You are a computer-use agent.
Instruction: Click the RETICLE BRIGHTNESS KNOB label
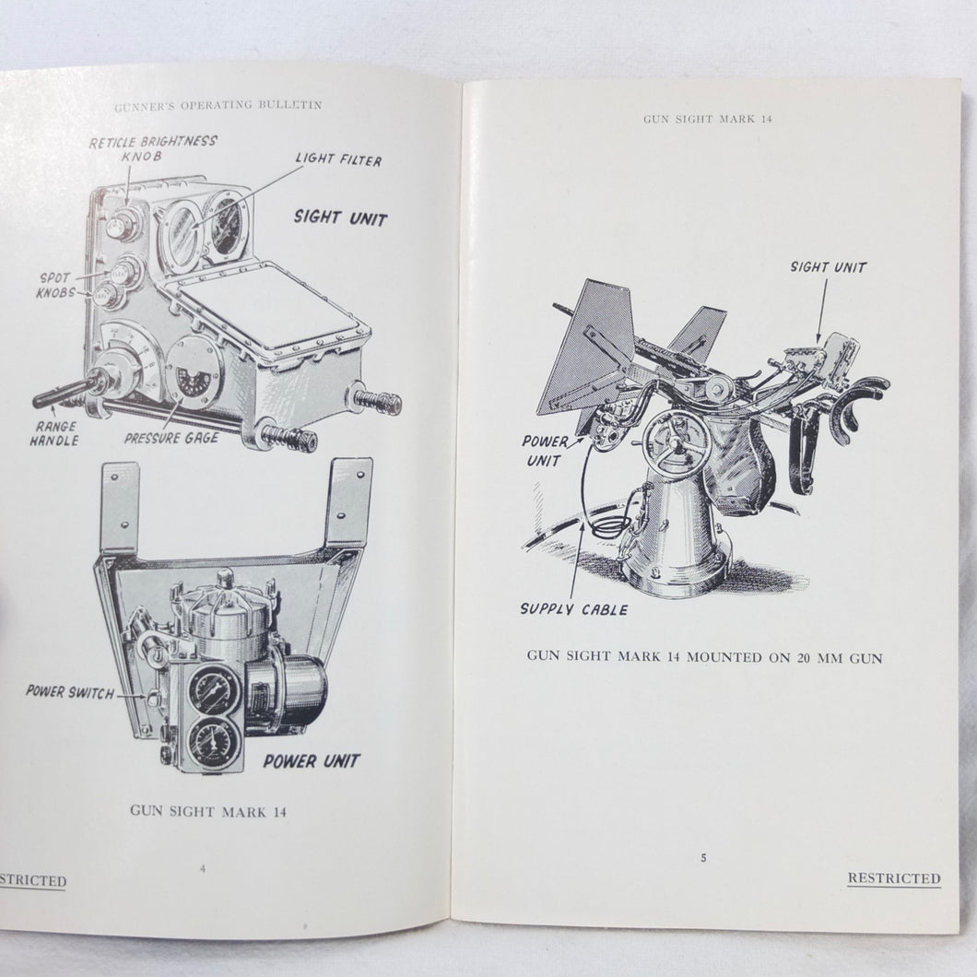(x=153, y=149)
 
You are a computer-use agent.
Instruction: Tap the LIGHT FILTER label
(x=338, y=159)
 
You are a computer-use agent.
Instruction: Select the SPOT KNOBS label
(x=55, y=286)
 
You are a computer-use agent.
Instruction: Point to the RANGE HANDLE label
(x=54, y=434)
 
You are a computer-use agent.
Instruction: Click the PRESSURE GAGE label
(x=171, y=438)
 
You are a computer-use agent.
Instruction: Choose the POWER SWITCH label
(x=70, y=691)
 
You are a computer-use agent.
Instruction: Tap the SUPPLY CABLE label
(x=574, y=609)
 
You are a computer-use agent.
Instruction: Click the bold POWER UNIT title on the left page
(x=312, y=760)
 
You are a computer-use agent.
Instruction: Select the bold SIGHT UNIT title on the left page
(x=340, y=218)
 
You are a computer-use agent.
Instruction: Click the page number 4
(x=203, y=868)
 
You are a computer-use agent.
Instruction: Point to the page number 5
(x=703, y=858)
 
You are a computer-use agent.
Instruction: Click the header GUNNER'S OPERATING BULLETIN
(x=218, y=106)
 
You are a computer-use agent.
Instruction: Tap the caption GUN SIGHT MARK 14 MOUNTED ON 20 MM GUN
(x=705, y=657)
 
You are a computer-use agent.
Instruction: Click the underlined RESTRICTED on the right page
(x=894, y=878)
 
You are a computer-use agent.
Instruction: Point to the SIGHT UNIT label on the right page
(x=829, y=267)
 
